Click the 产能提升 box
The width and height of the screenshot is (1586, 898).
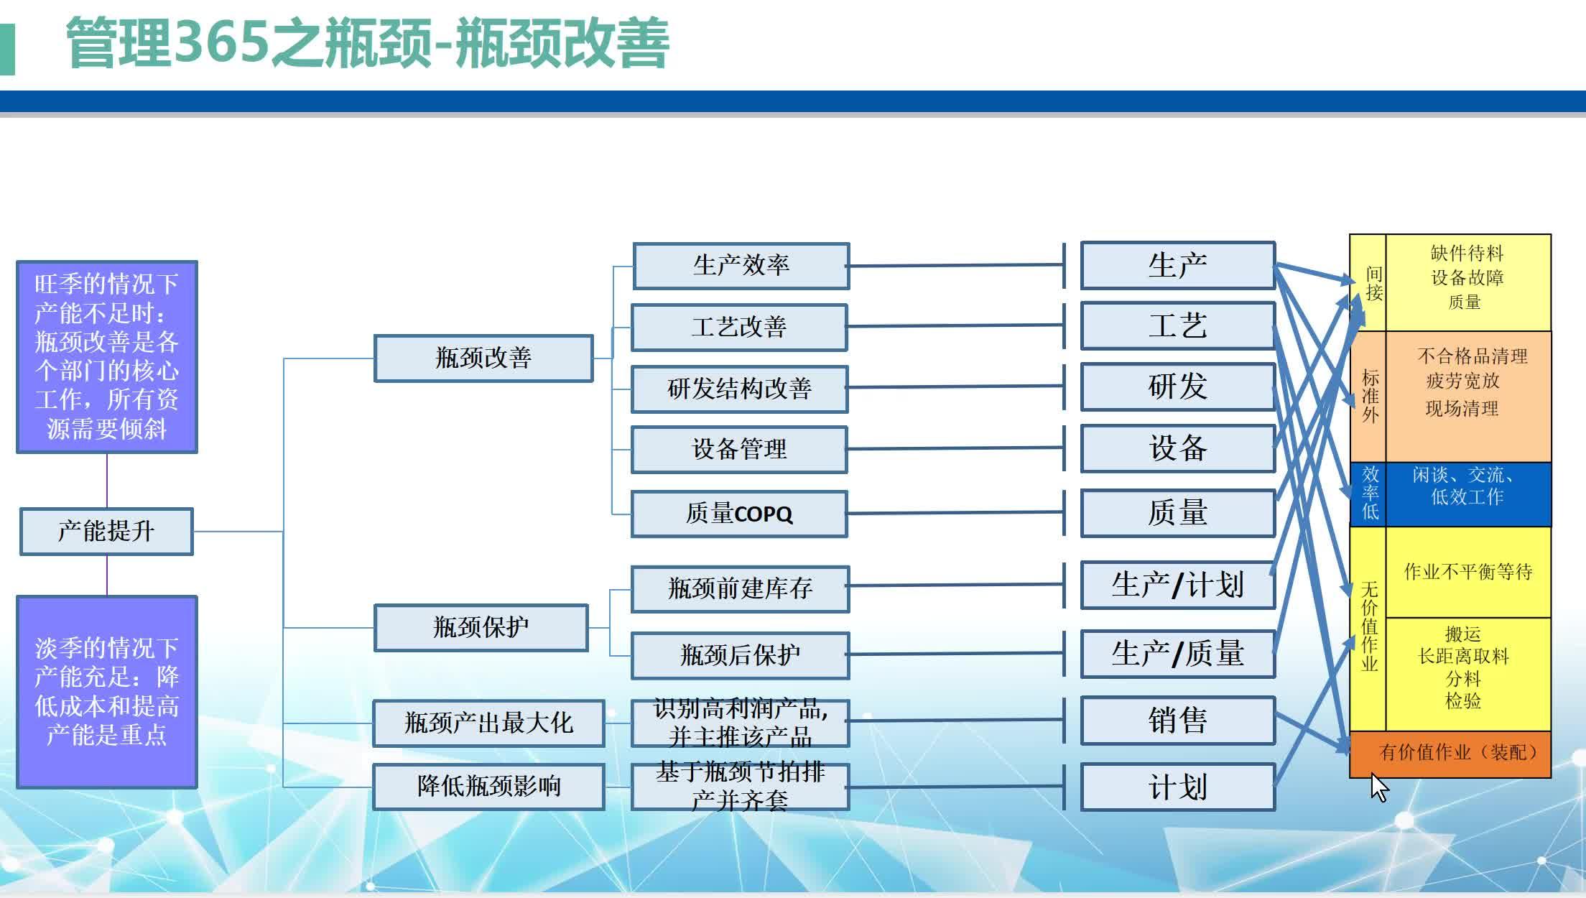[x=106, y=532]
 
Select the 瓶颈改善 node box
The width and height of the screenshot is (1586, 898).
[x=483, y=358]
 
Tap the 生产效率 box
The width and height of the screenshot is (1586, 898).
[x=741, y=266]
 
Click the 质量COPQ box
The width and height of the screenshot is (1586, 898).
[x=739, y=514]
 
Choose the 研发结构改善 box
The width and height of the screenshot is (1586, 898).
[x=739, y=389]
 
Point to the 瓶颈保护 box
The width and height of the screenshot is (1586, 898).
[x=481, y=628]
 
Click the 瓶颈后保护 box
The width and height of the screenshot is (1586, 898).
[x=740, y=655]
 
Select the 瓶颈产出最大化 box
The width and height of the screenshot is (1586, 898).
[x=488, y=723]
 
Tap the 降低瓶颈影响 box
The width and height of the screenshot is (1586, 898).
[x=488, y=787]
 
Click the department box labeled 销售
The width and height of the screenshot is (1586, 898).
[x=1177, y=721]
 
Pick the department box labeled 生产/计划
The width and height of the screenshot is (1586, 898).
[x=1177, y=585]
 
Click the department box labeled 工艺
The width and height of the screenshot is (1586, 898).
[x=1177, y=326]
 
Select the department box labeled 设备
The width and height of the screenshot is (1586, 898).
[x=1177, y=448]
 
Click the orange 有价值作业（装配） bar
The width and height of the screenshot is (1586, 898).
[x=1450, y=754]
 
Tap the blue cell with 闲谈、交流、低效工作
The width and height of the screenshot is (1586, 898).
[x=1467, y=494]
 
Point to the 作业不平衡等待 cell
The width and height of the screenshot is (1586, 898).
[x=1467, y=572]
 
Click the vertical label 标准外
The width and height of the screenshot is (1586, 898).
[x=1370, y=397]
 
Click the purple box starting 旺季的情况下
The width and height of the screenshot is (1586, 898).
[x=107, y=357]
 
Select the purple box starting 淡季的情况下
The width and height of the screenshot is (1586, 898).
[x=107, y=691]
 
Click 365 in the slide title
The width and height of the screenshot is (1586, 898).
[x=222, y=43]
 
